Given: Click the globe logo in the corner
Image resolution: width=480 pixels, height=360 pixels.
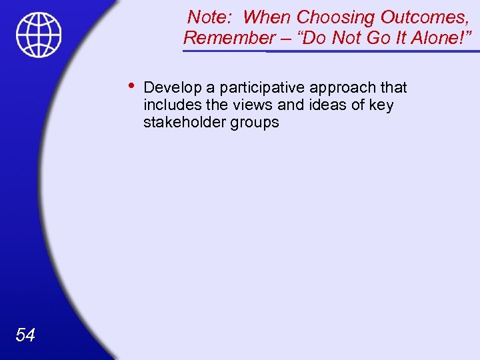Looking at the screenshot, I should coord(39,35).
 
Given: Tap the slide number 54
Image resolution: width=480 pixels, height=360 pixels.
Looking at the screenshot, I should coord(25,335).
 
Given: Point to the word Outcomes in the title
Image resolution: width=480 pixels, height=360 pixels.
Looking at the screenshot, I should coord(417,17).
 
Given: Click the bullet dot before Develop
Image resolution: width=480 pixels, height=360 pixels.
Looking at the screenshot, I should coord(131,85).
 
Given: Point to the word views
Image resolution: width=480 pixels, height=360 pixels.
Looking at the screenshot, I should coord(244,105).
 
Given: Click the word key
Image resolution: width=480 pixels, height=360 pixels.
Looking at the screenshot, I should coord(381,105).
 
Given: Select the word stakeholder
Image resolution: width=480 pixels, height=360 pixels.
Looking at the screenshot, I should coord(183,123).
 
